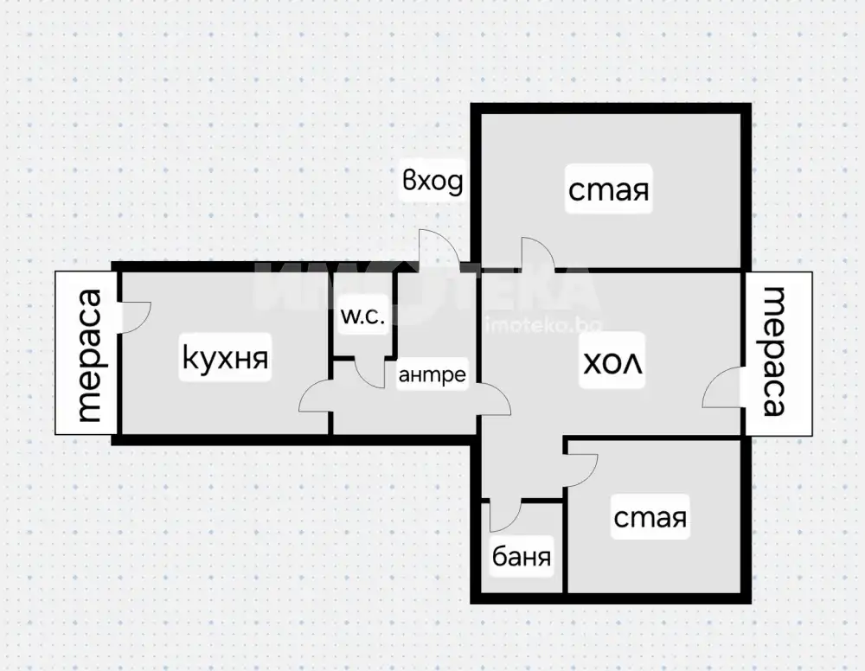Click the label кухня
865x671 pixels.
click(225, 357)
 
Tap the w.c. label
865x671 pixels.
click(362, 316)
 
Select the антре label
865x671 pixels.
click(432, 375)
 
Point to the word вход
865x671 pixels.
click(432, 182)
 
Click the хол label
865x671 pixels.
click(613, 362)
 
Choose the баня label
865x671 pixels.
click(522, 557)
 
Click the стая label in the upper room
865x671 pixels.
click(608, 189)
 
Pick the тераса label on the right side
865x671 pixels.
click(774, 351)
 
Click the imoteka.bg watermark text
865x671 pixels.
click(543, 326)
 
